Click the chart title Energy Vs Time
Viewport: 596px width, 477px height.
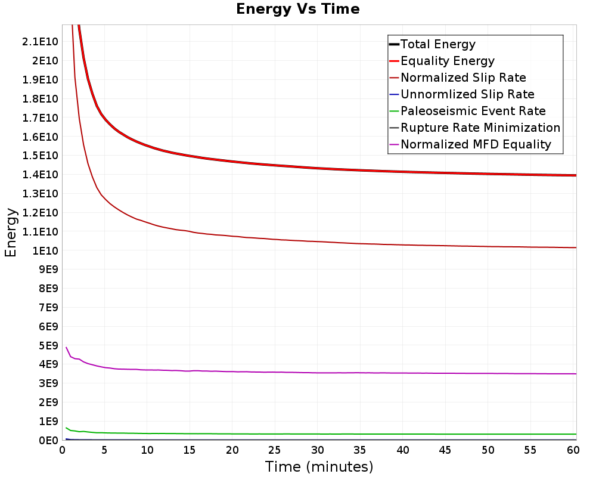point(298,9)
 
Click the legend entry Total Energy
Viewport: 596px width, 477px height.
point(438,44)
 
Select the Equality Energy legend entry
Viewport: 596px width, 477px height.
point(448,61)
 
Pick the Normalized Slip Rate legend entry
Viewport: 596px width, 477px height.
point(463,78)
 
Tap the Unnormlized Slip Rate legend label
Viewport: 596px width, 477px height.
point(467,94)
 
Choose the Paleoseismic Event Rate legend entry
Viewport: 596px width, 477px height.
point(473,111)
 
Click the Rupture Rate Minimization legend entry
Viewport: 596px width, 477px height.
point(480,128)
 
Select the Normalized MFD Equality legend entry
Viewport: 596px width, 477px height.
point(476,144)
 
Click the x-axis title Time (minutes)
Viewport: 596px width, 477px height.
point(319,466)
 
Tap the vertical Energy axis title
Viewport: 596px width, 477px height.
point(11,233)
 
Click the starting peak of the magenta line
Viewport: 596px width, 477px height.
point(66,347)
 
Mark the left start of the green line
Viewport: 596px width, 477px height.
point(66,428)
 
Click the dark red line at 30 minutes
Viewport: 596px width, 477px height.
point(318,241)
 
